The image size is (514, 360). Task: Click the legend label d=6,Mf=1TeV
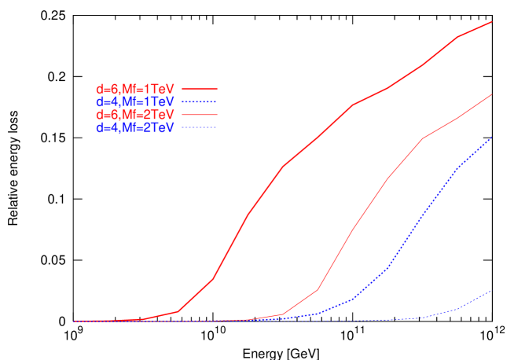point(134,89)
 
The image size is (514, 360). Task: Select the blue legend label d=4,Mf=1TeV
point(134,101)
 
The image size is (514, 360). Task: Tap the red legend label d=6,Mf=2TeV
point(134,115)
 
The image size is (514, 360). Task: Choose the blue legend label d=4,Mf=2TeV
point(134,127)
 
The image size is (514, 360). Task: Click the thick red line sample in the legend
point(200,89)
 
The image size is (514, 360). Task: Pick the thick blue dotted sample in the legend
point(200,101)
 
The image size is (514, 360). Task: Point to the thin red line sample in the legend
point(200,115)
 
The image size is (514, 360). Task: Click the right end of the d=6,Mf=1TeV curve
point(491,22)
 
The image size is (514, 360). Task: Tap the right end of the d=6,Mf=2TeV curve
point(491,94)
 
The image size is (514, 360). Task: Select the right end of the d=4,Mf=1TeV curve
point(491,138)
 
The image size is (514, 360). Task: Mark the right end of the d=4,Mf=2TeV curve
point(491,291)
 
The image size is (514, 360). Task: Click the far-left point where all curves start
point(75,321)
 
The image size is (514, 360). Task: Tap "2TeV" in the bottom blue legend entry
point(160,127)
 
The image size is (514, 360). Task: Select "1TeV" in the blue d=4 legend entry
point(160,101)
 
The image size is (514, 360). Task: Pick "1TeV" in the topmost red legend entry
point(160,89)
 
